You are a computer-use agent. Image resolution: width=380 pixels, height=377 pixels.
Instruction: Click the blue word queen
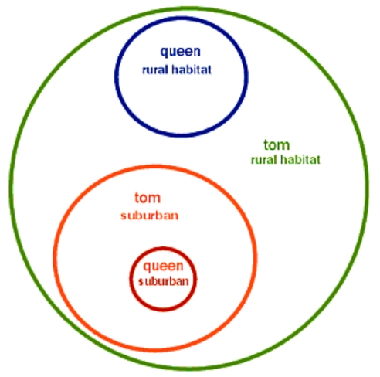pyautogui.click(x=180, y=52)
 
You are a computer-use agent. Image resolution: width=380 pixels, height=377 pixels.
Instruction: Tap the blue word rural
pyautogui.click(x=155, y=70)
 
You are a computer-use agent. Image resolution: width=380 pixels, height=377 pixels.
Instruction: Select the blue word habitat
pyautogui.click(x=192, y=70)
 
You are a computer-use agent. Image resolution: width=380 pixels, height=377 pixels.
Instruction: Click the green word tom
pyautogui.click(x=277, y=145)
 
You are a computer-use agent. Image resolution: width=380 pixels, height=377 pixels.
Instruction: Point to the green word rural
pyautogui.click(x=264, y=160)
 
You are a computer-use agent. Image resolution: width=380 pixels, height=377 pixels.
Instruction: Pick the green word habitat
pyautogui.click(x=300, y=159)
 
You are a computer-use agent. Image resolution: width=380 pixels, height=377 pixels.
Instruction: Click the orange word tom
pyautogui.click(x=148, y=198)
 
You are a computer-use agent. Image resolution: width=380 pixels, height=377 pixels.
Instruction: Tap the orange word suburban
pyautogui.click(x=150, y=216)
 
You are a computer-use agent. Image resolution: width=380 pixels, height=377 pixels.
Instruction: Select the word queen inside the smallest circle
pyautogui.click(x=163, y=267)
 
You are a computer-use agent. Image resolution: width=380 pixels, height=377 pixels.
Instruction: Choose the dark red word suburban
pyautogui.click(x=164, y=281)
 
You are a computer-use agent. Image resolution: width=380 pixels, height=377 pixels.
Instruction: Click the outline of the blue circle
pyautogui.click(x=117, y=76)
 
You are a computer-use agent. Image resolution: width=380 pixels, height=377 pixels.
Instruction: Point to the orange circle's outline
pyautogui.click(x=55, y=258)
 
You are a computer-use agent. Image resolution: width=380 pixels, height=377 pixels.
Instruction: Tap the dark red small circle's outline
pyautogui.click(x=131, y=279)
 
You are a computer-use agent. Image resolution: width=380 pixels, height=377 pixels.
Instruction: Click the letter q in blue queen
pyautogui.click(x=164, y=53)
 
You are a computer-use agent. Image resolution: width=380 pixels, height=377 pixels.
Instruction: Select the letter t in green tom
pyautogui.click(x=266, y=145)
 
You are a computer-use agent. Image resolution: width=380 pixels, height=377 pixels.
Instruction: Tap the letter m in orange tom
pyautogui.click(x=154, y=199)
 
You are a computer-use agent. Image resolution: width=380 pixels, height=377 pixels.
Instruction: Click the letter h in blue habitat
pyautogui.click(x=175, y=70)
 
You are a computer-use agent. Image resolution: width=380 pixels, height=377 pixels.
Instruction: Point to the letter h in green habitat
pyautogui.click(x=283, y=159)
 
